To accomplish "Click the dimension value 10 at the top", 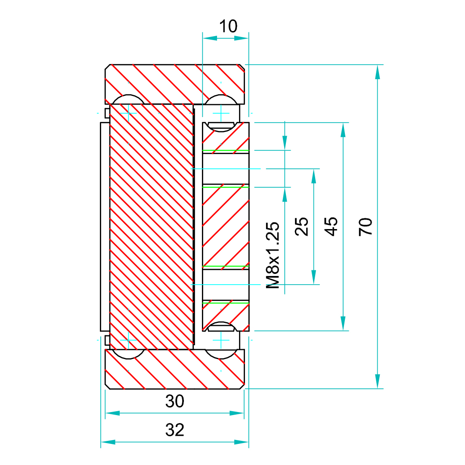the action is coord(228,26).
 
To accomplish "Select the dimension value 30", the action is coord(175,401).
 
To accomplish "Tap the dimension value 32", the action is coord(175,430).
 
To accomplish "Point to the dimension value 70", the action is coord(366,226).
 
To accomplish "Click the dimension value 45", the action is coord(331,226).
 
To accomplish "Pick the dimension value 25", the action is coord(301,226).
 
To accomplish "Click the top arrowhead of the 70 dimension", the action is coord(377,72).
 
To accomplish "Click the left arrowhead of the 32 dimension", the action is coord(108,442).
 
